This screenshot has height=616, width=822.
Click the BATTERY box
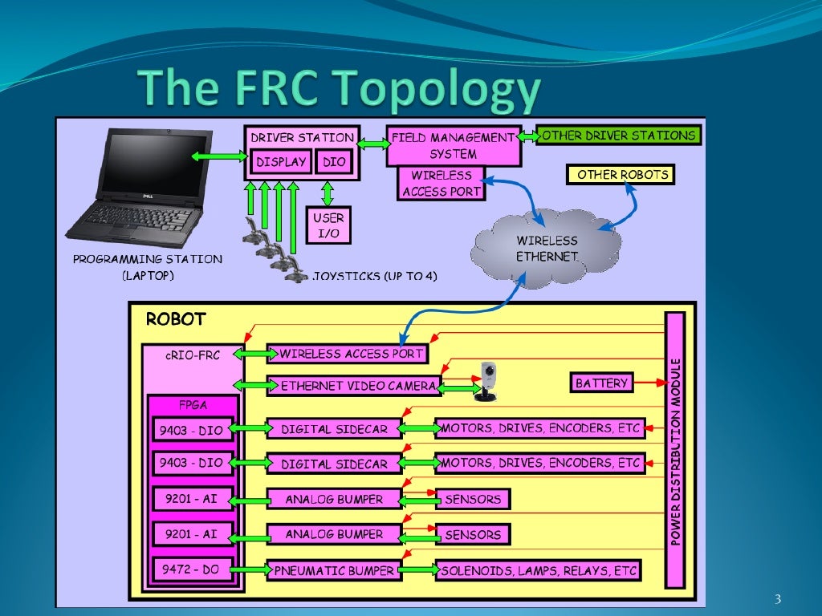(x=601, y=383)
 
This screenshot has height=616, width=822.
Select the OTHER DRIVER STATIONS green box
(x=618, y=136)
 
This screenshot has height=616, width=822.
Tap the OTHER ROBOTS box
(x=621, y=174)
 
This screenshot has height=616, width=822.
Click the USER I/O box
(x=328, y=225)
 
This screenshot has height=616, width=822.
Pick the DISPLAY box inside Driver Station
(x=281, y=162)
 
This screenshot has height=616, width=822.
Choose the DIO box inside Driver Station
(x=333, y=162)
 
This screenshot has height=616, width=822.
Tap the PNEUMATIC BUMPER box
(x=333, y=571)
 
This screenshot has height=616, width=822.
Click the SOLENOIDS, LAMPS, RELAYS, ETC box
(x=538, y=571)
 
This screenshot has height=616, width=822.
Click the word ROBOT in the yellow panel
(x=175, y=319)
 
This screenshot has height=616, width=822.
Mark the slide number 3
(x=777, y=598)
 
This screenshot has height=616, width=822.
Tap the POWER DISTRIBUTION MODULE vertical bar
(x=675, y=449)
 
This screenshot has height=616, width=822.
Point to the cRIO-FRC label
(x=193, y=354)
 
